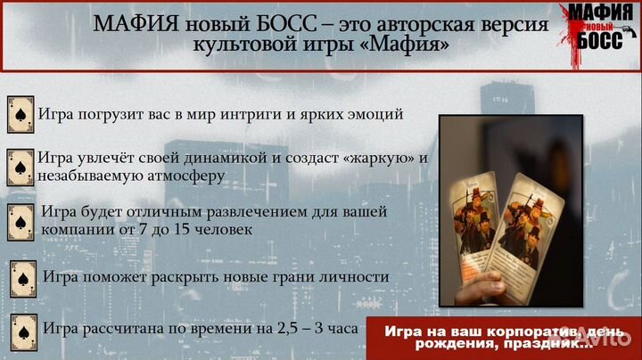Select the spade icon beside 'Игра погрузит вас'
tap(21, 114)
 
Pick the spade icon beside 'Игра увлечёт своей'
tap(21, 167)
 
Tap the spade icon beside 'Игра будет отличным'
tap(21, 220)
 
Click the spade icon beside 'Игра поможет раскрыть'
tap(22, 278)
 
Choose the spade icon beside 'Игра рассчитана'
tap(22, 328)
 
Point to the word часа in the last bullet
tap(342, 328)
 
